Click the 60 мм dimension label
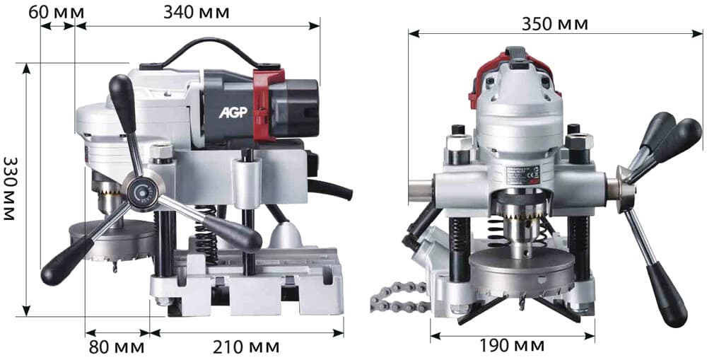coord(57,12)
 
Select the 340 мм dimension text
coord(196,12)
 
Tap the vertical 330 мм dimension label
coord(9,188)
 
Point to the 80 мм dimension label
coord(117,347)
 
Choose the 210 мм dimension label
coord(246,347)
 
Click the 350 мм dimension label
coord(554,24)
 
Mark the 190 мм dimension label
coord(511,346)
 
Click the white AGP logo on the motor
coord(233,112)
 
